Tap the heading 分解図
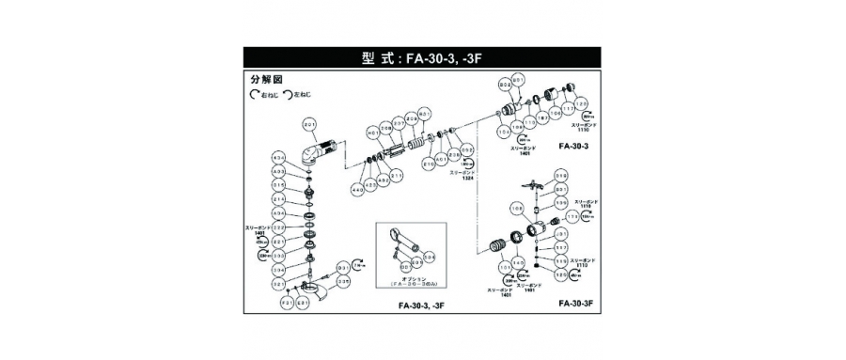(x=267, y=81)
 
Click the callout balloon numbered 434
(x=278, y=156)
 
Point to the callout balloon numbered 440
(x=356, y=189)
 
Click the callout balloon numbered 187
(x=543, y=117)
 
